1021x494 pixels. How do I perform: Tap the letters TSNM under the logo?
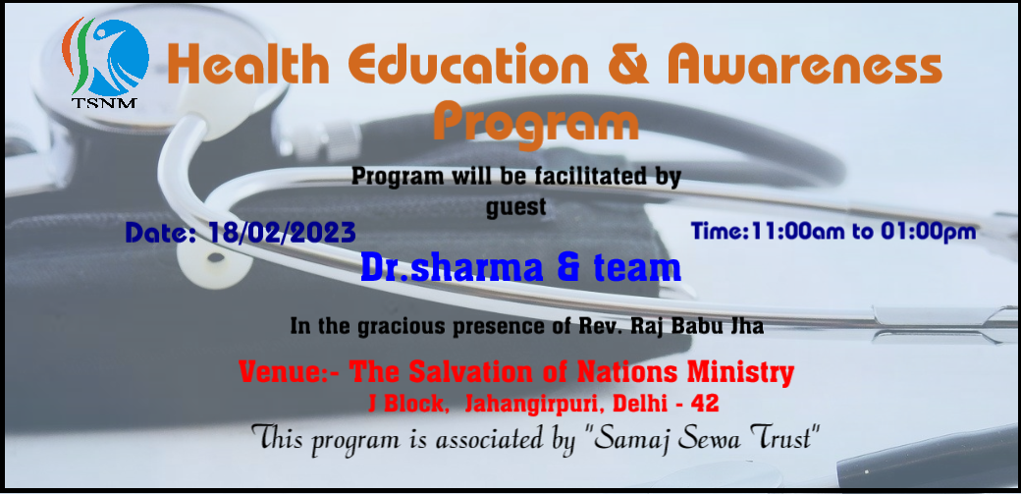click(104, 102)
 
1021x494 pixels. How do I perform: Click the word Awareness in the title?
click(804, 65)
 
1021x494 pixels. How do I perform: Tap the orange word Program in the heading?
click(536, 125)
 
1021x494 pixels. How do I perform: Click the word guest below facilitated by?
click(516, 207)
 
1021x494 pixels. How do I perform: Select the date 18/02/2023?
click(282, 233)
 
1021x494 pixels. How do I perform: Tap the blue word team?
click(637, 268)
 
